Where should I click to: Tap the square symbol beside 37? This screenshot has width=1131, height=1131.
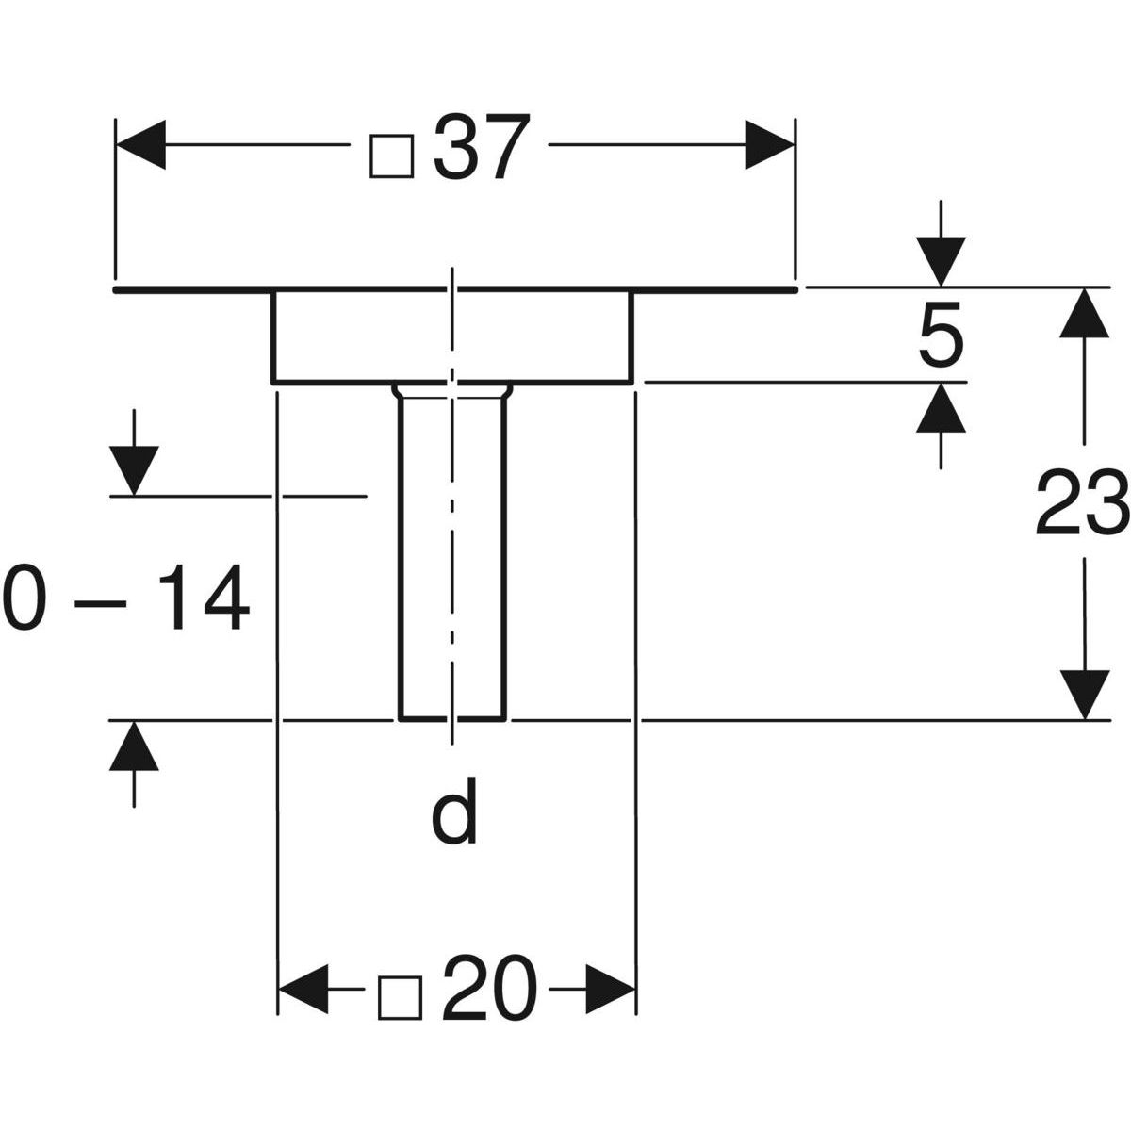(x=392, y=156)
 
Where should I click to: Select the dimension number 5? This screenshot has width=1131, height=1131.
(x=942, y=336)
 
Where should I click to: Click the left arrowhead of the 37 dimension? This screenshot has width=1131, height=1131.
(x=140, y=144)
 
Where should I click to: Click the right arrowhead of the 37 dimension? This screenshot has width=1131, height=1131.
(x=769, y=144)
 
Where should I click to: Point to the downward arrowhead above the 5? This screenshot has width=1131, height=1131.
(x=941, y=261)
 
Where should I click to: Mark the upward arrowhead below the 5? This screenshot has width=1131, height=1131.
(x=941, y=408)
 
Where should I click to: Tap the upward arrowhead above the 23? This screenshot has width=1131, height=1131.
(x=1085, y=313)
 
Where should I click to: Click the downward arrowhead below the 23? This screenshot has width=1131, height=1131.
(x=1085, y=695)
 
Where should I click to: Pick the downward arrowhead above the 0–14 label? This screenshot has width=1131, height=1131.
(x=134, y=470)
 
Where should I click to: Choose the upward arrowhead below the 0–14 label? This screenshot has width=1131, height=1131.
(x=134, y=746)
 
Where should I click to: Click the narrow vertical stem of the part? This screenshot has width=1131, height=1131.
(x=452, y=553)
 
